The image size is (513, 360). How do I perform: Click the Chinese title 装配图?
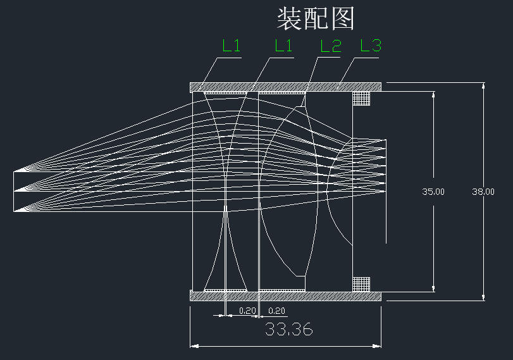click(316, 19)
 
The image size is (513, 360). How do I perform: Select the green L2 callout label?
click(331, 46)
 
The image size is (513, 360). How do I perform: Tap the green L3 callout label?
click(371, 46)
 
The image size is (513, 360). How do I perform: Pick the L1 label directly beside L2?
click(283, 46)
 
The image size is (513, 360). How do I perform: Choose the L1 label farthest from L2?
click(232, 46)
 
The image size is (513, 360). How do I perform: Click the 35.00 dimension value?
click(433, 192)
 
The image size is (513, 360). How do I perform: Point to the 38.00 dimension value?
click(483, 192)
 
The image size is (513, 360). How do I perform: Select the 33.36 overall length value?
click(288, 330)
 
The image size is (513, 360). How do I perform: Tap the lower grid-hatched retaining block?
click(361, 283)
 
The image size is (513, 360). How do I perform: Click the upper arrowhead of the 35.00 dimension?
click(433, 96)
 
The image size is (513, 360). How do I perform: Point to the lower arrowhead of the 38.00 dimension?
click(483, 297)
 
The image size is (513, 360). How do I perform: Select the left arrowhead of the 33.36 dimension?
click(194, 346)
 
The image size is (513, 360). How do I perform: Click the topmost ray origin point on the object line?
click(15, 170)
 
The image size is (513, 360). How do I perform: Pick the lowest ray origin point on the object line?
click(15, 211)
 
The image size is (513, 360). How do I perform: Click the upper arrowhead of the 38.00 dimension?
click(483, 87)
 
